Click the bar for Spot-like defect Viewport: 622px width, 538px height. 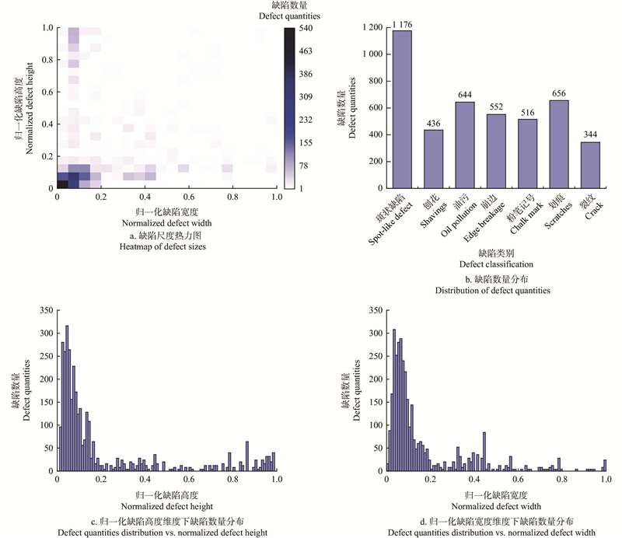402,109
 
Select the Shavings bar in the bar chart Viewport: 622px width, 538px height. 434,159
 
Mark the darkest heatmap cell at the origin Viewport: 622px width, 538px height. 63,184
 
